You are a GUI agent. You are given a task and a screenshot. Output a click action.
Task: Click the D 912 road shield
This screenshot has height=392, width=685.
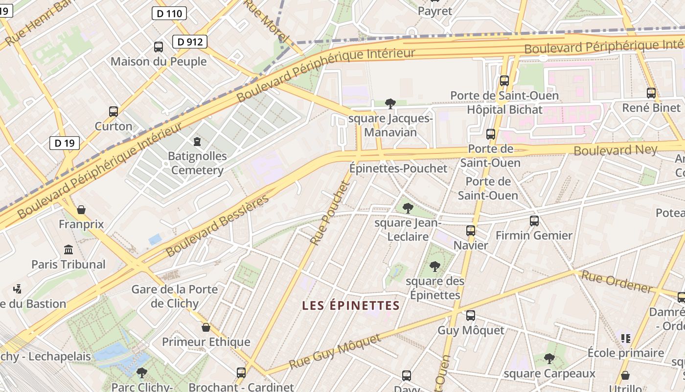[x=190, y=42]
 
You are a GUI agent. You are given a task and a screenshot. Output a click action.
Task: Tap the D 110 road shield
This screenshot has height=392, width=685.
[x=169, y=13]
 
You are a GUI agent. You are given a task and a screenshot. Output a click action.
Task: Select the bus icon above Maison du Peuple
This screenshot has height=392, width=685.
[x=159, y=47]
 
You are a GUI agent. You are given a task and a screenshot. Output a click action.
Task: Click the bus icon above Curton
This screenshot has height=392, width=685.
[x=114, y=111]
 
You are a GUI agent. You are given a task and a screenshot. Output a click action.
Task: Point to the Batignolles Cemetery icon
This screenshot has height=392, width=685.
[x=197, y=142]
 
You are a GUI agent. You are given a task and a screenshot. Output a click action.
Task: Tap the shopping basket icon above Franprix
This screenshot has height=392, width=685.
[x=81, y=210]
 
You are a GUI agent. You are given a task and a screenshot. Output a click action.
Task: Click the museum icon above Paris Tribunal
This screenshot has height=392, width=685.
[x=68, y=249]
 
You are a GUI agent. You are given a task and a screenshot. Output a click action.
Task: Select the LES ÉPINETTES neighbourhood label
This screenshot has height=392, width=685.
[x=351, y=306]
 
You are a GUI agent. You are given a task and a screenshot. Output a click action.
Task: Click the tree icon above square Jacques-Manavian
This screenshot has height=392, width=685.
[x=390, y=103]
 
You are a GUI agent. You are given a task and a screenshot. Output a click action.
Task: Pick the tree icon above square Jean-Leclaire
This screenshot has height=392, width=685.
[x=408, y=208]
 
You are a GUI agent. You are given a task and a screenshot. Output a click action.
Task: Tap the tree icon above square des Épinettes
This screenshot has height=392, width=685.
[x=434, y=267]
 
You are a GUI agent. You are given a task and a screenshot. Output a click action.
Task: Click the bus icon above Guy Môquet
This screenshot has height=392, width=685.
[x=470, y=316]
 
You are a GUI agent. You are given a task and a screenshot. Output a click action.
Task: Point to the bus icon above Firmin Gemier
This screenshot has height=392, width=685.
[x=534, y=221]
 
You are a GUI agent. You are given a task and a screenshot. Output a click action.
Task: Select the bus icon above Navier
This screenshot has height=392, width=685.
[x=470, y=230]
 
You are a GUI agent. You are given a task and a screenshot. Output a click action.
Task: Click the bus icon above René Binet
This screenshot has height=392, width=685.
[x=651, y=93]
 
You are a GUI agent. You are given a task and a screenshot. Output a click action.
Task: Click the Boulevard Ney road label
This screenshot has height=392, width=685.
[x=615, y=149]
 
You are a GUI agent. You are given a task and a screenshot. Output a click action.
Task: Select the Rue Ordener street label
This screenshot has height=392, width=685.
[x=616, y=283]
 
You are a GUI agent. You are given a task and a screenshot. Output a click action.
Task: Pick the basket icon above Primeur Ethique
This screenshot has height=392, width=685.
[x=206, y=327]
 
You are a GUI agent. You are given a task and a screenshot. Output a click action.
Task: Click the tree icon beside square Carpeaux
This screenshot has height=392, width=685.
[x=549, y=359]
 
